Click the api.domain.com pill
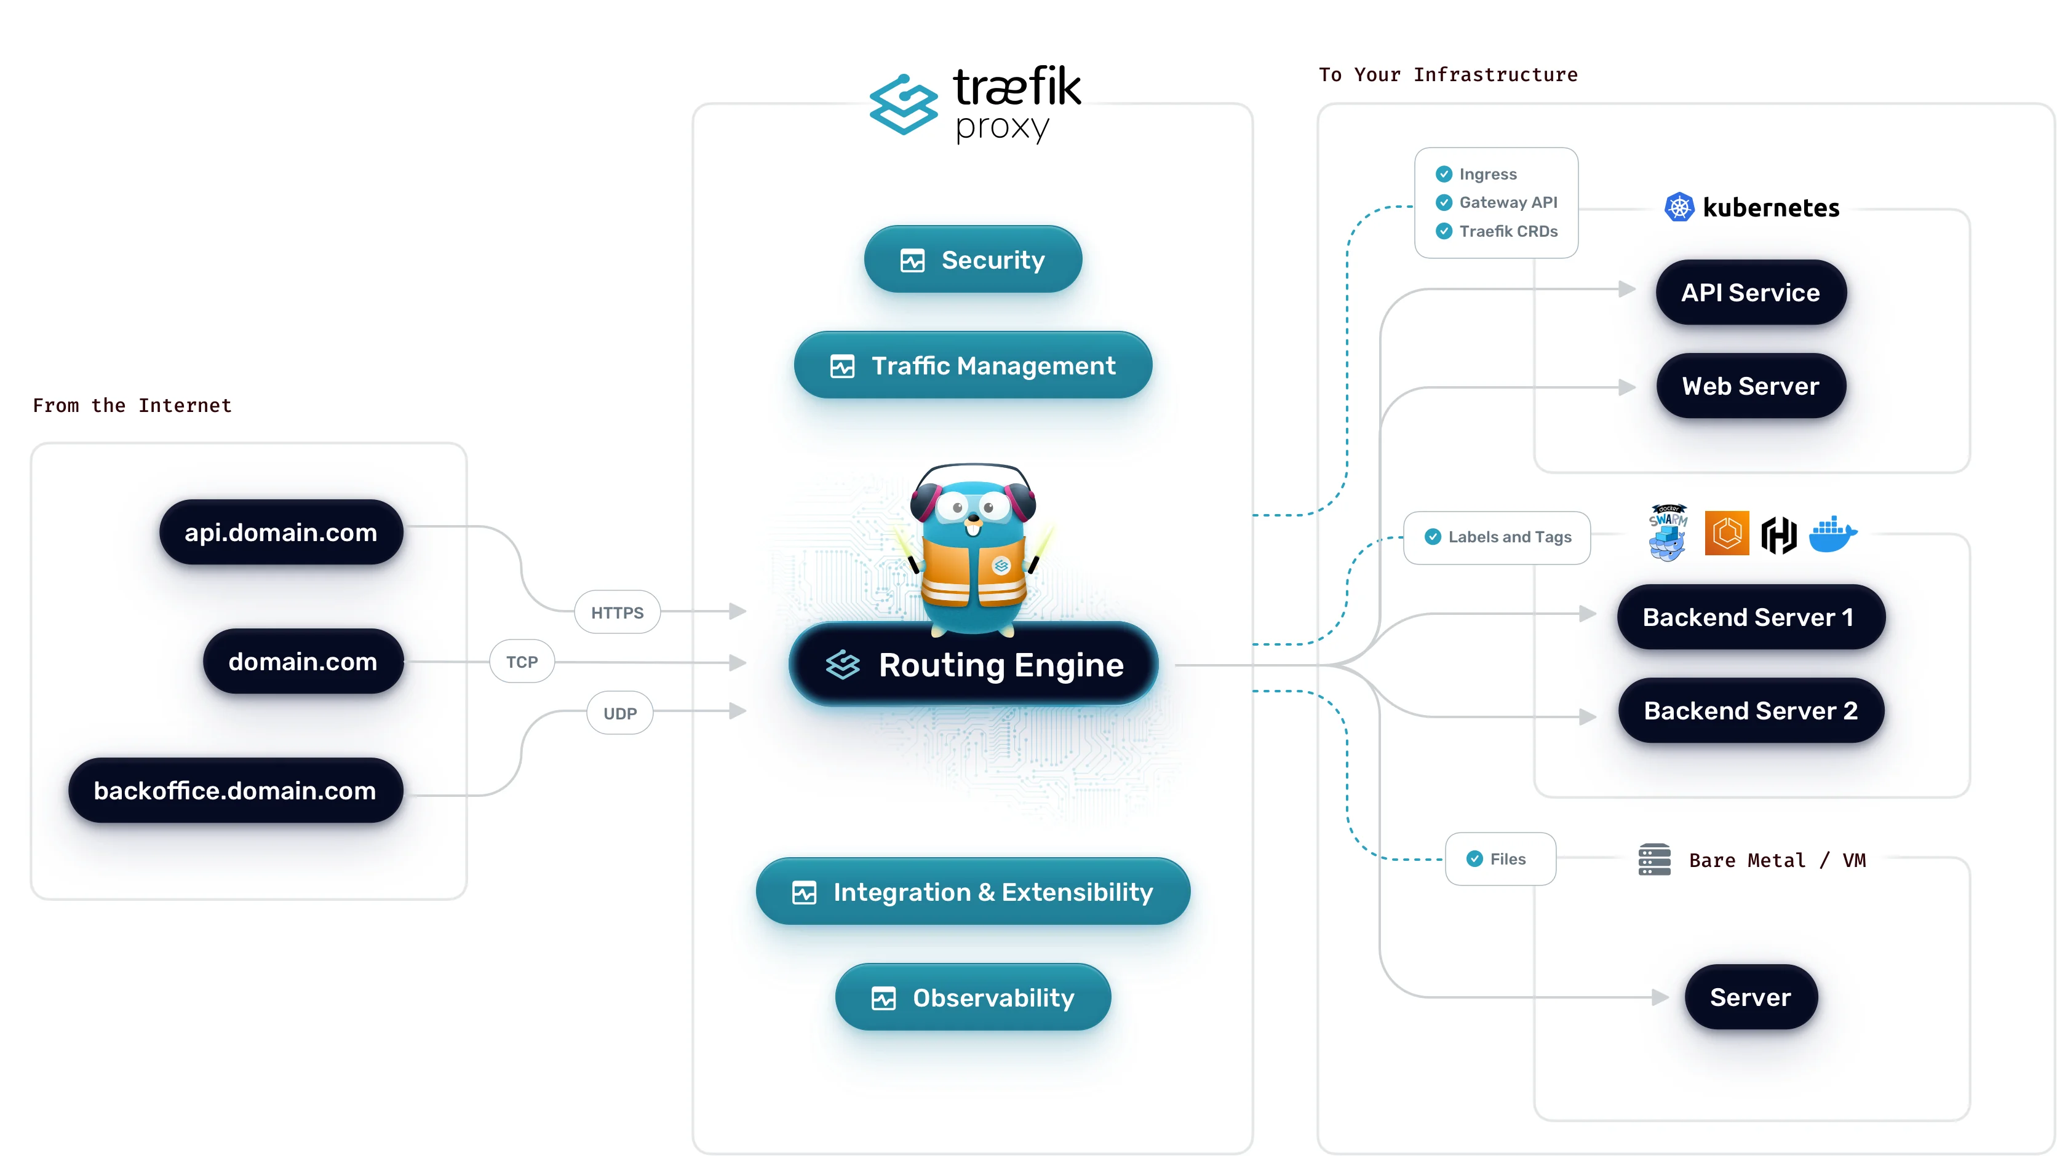click(281, 532)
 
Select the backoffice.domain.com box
click(236, 790)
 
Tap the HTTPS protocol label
click(616, 612)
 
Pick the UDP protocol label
click(619, 713)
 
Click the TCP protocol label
click(522, 661)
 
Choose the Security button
click(973, 259)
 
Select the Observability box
click(973, 997)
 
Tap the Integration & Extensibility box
click(973, 891)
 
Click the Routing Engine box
click(973, 664)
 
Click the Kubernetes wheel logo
click(1679, 208)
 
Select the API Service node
click(1751, 292)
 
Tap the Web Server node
click(1751, 386)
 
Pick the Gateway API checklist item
click(1507, 202)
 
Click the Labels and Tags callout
click(1497, 537)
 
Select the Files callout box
click(1500, 858)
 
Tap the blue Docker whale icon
click(1832, 534)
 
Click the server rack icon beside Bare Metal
click(1653, 859)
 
